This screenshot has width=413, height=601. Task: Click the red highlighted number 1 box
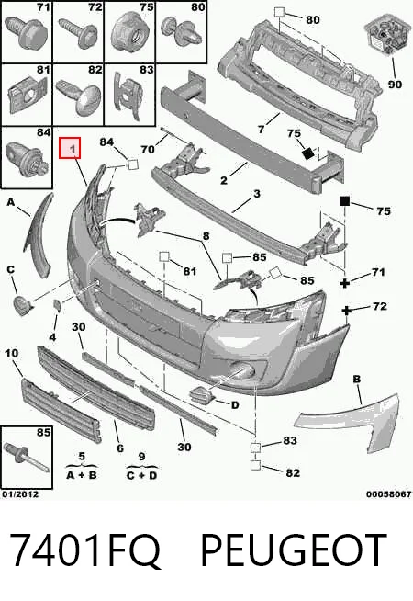(x=70, y=148)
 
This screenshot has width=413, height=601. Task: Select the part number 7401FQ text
(x=85, y=550)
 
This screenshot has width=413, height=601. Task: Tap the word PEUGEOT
(x=294, y=550)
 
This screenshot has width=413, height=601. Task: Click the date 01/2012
(x=21, y=494)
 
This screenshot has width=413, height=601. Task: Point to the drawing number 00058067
(x=389, y=494)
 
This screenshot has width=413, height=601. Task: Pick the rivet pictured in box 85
(x=26, y=458)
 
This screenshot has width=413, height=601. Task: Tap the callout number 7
(x=261, y=130)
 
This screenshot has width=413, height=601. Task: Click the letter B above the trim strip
(x=357, y=380)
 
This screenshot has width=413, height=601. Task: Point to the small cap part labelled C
(x=23, y=305)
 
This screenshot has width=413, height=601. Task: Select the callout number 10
(x=11, y=353)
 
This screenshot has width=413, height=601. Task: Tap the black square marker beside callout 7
(x=307, y=153)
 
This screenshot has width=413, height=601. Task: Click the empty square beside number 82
(x=255, y=465)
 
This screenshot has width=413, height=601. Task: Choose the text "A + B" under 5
(x=82, y=475)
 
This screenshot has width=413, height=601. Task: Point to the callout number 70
(x=148, y=149)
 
